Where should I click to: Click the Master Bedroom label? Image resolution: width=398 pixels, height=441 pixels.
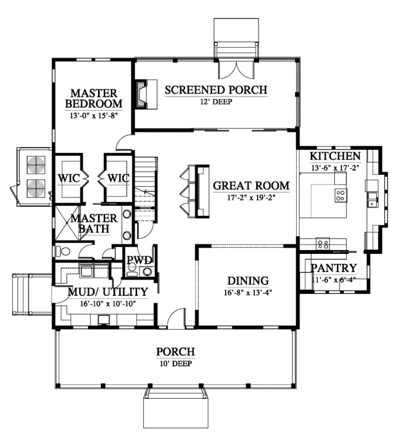94,98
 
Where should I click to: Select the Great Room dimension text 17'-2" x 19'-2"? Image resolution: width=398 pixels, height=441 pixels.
251,197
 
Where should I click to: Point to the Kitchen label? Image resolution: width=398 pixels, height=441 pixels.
335,156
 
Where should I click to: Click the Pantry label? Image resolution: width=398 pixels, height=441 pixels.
334,268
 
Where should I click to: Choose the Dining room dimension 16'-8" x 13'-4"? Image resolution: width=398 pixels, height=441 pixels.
248,293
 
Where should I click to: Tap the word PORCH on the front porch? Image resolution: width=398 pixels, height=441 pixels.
175,352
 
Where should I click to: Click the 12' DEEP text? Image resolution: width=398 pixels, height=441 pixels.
216,102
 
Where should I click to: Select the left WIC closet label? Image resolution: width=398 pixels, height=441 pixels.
69,178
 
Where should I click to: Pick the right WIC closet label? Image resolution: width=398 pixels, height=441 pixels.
119,178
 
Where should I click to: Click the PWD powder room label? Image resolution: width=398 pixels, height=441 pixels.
139,260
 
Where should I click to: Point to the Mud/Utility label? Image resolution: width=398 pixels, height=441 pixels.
108,292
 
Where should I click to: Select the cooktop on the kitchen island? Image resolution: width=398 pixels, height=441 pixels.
340,195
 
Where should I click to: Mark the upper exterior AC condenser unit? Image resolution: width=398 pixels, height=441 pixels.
36,164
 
